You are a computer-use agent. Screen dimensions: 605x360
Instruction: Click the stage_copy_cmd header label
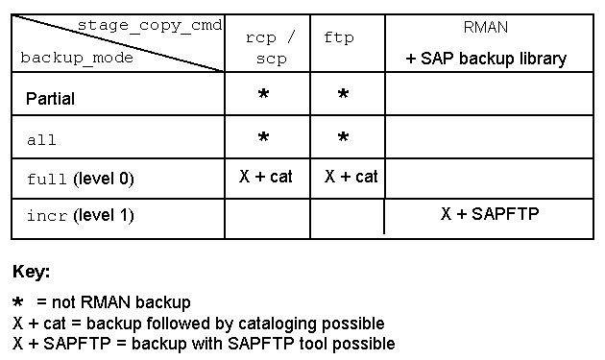click(150, 26)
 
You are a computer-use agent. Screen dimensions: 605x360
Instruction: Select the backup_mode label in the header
click(77, 58)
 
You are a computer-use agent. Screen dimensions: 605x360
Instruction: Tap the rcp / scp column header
click(271, 48)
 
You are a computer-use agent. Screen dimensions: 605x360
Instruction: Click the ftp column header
click(339, 37)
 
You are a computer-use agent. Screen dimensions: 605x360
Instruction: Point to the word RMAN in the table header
click(485, 28)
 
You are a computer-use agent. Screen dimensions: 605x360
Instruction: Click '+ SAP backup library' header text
click(486, 59)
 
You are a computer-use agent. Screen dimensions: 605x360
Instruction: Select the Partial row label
click(50, 99)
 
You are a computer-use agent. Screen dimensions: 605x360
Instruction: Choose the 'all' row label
click(41, 139)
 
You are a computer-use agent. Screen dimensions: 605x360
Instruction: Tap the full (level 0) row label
click(81, 179)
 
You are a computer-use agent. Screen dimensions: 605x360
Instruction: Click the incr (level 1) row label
click(81, 215)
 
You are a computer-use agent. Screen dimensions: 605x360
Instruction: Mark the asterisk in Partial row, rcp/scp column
click(263, 94)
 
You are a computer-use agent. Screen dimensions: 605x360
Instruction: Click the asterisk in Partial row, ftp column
click(343, 94)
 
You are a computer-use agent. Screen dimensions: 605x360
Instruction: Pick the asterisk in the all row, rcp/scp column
click(263, 137)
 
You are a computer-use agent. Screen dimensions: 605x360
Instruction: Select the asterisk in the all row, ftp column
click(343, 137)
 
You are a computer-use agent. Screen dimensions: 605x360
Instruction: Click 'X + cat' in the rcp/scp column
click(266, 177)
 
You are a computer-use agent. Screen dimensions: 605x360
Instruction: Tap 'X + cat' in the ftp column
click(351, 177)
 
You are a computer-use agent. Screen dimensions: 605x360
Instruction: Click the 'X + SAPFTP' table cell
click(490, 213)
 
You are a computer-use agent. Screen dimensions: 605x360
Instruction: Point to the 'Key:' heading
click(32, 272)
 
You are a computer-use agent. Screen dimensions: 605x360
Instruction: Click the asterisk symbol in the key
click(17, 301)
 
